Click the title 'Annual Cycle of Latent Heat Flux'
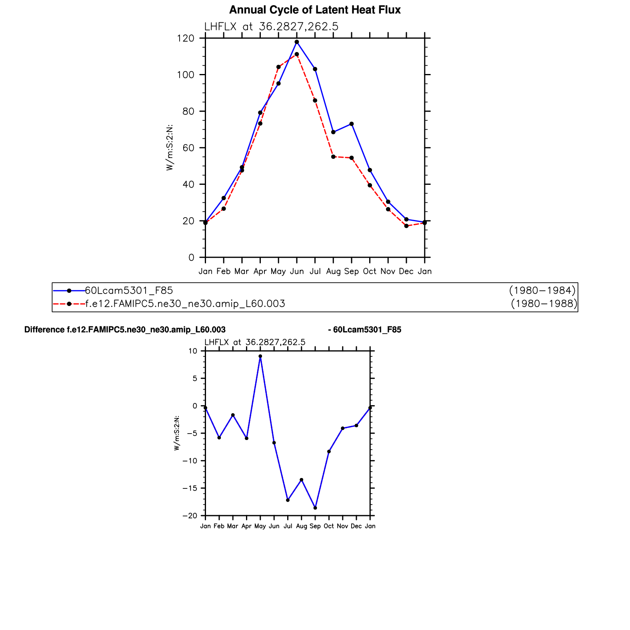pyautogui.click(x=315, y=10)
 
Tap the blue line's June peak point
pyautogui.click(x=297, y=42)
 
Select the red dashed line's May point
pyautogui.click(x=278, y=67)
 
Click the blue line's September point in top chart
pyautogui.click(x=352, y=124)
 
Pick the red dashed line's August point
pyautogui.click(x=333, y=157)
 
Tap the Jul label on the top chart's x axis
pyautogui.click(x=315, y=272)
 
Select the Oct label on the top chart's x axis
pyautogui.click(x=370, y=272)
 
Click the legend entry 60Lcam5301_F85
pyautogui.click(x=129, y=290)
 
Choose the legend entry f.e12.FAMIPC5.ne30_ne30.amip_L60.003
pyautogui.click(x=185, y=304)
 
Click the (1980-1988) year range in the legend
pyautogui.click(x=544, y=304)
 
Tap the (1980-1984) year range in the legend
pyautogui.click(x=542, y=290)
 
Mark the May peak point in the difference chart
pyautogui.click(x=260, y=356)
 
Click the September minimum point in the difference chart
pyautogui.click(x=315, y=508)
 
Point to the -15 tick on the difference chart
pyautogui.click(x=190, y=488)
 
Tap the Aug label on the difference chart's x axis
pyautogui.click(x=301, y=526)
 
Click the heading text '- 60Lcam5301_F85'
pyautogui.click(x=364, y=330)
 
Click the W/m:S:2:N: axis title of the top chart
pyautogui.click(x=170, y=148)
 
